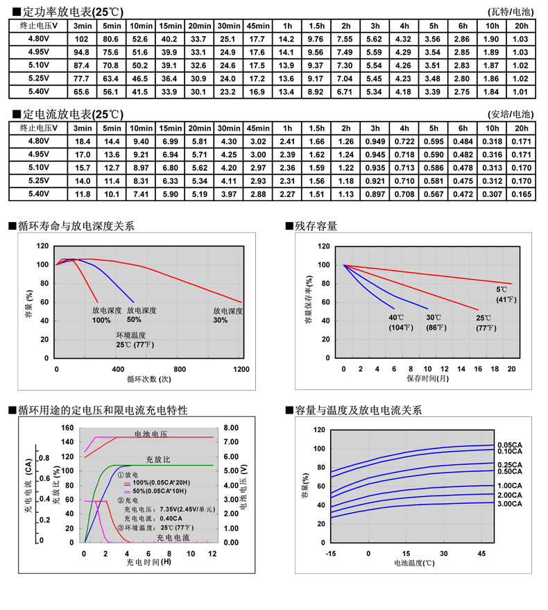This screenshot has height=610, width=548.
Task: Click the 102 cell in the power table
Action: click(82, 39)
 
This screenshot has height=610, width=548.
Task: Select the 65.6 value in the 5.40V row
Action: click(82, 92)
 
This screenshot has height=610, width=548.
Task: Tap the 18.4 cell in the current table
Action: click(82, 142)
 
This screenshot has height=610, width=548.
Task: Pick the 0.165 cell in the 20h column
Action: click(521, 194)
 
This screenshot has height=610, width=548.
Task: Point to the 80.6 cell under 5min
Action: click(111, 39)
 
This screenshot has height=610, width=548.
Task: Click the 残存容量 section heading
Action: click(316, 226)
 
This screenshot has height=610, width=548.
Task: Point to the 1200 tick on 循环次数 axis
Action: click(241, 369)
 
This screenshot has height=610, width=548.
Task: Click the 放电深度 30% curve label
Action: click(228, 315)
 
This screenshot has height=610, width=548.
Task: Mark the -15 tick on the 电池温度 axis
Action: click(330, 553)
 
